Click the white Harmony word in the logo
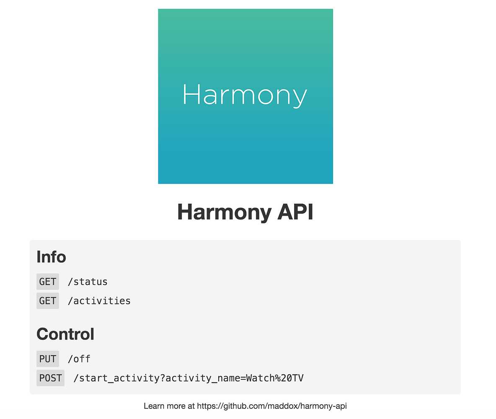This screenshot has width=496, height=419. pos(245,95)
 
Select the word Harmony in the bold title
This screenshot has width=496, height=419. pos(224,212)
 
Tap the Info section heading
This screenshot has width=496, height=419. pos(51,256)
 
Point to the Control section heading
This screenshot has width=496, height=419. pos(65,334)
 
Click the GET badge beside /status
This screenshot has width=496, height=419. pos(48,282)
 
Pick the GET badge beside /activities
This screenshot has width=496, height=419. pos(48,301)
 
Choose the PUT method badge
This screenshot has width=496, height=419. pos(48,359)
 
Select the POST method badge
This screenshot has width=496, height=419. pos(50,378)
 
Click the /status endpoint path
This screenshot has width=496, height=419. pos(88,282)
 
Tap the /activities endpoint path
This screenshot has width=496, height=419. pos(99,301)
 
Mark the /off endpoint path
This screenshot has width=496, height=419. pos(79,359)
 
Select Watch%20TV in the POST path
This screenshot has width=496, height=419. pos(275,378)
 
